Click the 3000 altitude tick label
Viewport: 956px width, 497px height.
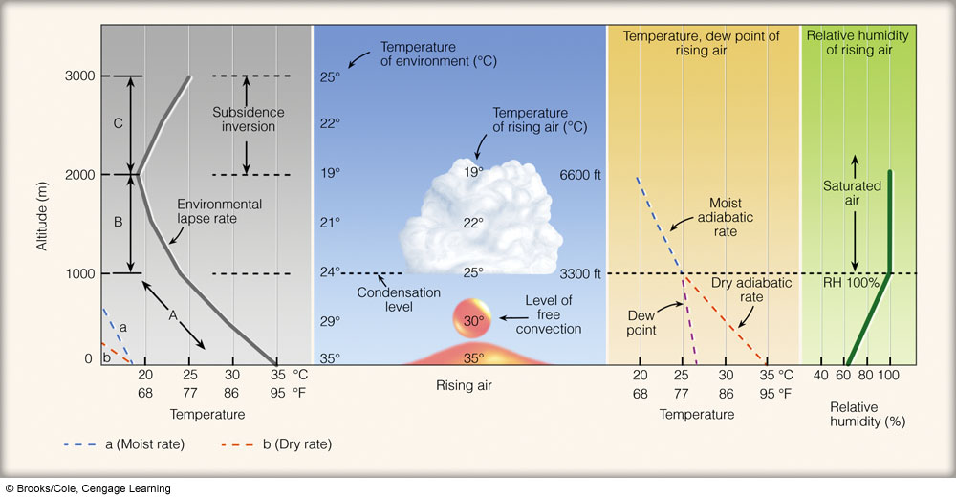pos(80,76)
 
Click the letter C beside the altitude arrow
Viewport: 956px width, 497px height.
pos(119,124)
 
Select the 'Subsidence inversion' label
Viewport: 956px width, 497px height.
pos(249,119)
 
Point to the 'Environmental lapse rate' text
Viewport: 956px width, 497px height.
pos(220,211)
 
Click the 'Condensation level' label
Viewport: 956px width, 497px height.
pos(399,299)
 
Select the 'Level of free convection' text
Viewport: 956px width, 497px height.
pos(549,314)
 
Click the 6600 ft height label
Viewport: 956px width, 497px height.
pos(580,175)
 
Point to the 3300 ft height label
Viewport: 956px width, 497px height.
pos(580,273)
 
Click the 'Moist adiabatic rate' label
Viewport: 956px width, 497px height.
pos(726,217)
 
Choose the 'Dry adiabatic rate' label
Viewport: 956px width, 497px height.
pos(751,290)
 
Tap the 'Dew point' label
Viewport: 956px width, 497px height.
pos(641,323)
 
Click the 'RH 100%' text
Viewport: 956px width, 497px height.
pos(851,283)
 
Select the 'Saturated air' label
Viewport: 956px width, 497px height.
pos(853,193)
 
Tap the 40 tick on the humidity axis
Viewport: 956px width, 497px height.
pos(821,375)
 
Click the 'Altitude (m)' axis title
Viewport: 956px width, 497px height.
pos(41,217)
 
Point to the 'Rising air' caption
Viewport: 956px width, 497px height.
pos(464,385)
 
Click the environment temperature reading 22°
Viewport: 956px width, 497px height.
pos(330,123)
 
